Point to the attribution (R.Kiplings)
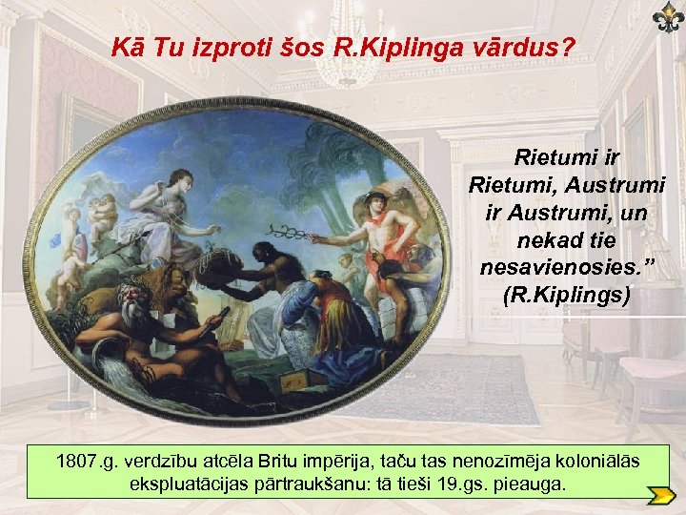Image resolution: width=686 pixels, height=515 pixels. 566,295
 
